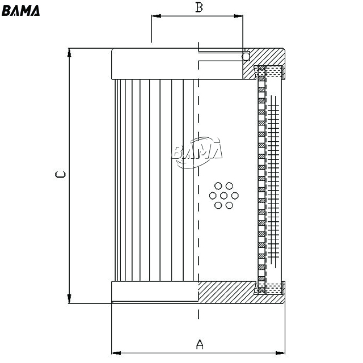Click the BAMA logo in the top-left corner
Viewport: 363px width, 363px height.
coord(20,10)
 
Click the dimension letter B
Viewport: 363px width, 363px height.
coord(199,7)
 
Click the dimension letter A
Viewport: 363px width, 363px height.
coord(200,344)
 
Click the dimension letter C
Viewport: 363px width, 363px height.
coord(61,174)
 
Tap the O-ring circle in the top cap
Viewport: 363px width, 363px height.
coord(246,56)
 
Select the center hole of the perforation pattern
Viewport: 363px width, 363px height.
coord(223,196)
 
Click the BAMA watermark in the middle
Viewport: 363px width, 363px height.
coord(197,152)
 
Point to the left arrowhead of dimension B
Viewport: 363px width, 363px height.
coord(157,16)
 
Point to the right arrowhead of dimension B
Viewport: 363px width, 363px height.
coord(238,16)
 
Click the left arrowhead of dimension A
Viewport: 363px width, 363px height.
coord(116,353)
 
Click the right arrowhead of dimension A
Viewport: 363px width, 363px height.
coord(280,353)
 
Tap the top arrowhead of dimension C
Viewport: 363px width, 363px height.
coord(69,53)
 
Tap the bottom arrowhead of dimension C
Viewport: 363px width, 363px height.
coord(69,298)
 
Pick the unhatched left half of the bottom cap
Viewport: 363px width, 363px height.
coord(155,292)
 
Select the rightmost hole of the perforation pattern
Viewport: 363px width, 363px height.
coord(235,196)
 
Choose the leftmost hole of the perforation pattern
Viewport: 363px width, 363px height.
coord(213,196)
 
